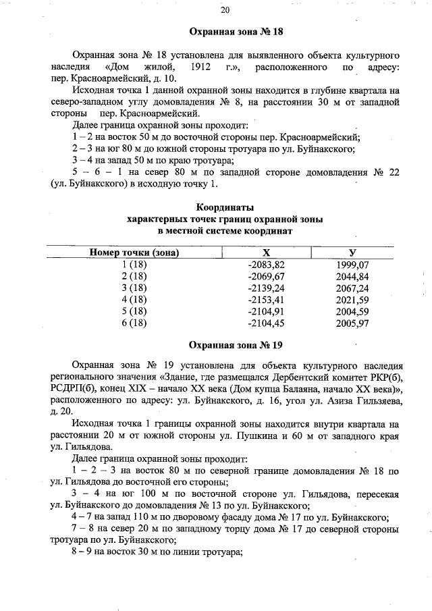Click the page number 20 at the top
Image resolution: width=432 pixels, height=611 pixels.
point(225,9)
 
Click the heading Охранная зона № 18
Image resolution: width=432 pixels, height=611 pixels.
point(236,32)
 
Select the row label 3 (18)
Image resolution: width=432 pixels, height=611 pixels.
point(134,288)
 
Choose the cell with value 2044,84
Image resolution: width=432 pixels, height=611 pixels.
point(352,276)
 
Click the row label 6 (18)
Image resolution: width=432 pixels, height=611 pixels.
point(134,323)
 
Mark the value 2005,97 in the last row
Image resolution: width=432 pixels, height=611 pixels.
point(352,323)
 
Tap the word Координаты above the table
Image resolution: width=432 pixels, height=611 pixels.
point(225,207)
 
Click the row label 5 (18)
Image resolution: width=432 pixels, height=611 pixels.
point(134,311)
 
